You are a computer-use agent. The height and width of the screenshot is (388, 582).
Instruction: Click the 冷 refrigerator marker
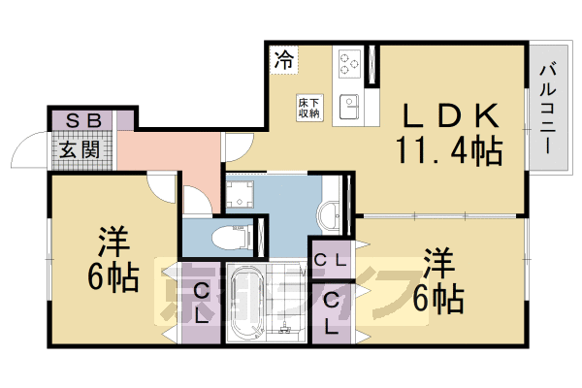click(283, 60)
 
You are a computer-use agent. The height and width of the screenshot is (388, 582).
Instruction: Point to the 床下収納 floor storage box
click(309, 107)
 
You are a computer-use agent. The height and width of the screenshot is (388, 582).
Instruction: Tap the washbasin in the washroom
click(331, 212)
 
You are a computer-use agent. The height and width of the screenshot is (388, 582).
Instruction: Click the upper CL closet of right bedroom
click(331, 261)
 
